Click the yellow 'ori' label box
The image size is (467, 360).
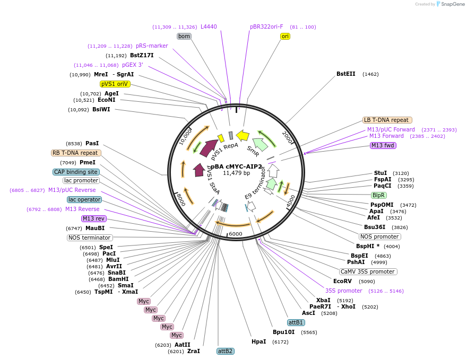tap(285, 36)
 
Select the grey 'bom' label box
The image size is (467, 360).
tap(184, 36)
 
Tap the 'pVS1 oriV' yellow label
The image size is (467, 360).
tap(115, 84)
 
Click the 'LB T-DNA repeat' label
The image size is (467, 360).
tap(386, 120)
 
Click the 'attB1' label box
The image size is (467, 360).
tap(296, 322)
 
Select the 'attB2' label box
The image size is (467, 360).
tap(226, 351)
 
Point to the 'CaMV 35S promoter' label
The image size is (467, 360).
tap(368, 271)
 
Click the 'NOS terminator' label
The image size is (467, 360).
tap(90, 238)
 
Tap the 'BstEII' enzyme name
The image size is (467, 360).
tap(346, 74)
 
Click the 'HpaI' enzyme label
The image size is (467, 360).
tap(259, 342)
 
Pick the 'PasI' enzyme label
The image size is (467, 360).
tap(92, 143)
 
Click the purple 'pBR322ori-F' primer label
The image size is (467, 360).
tap(266, 27)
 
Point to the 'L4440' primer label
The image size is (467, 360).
tap(209, 27)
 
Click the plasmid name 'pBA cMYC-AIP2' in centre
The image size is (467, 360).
tap(237, 166)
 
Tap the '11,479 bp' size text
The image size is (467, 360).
tap(237, 173)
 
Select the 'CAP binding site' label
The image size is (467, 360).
tap(76, 172)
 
